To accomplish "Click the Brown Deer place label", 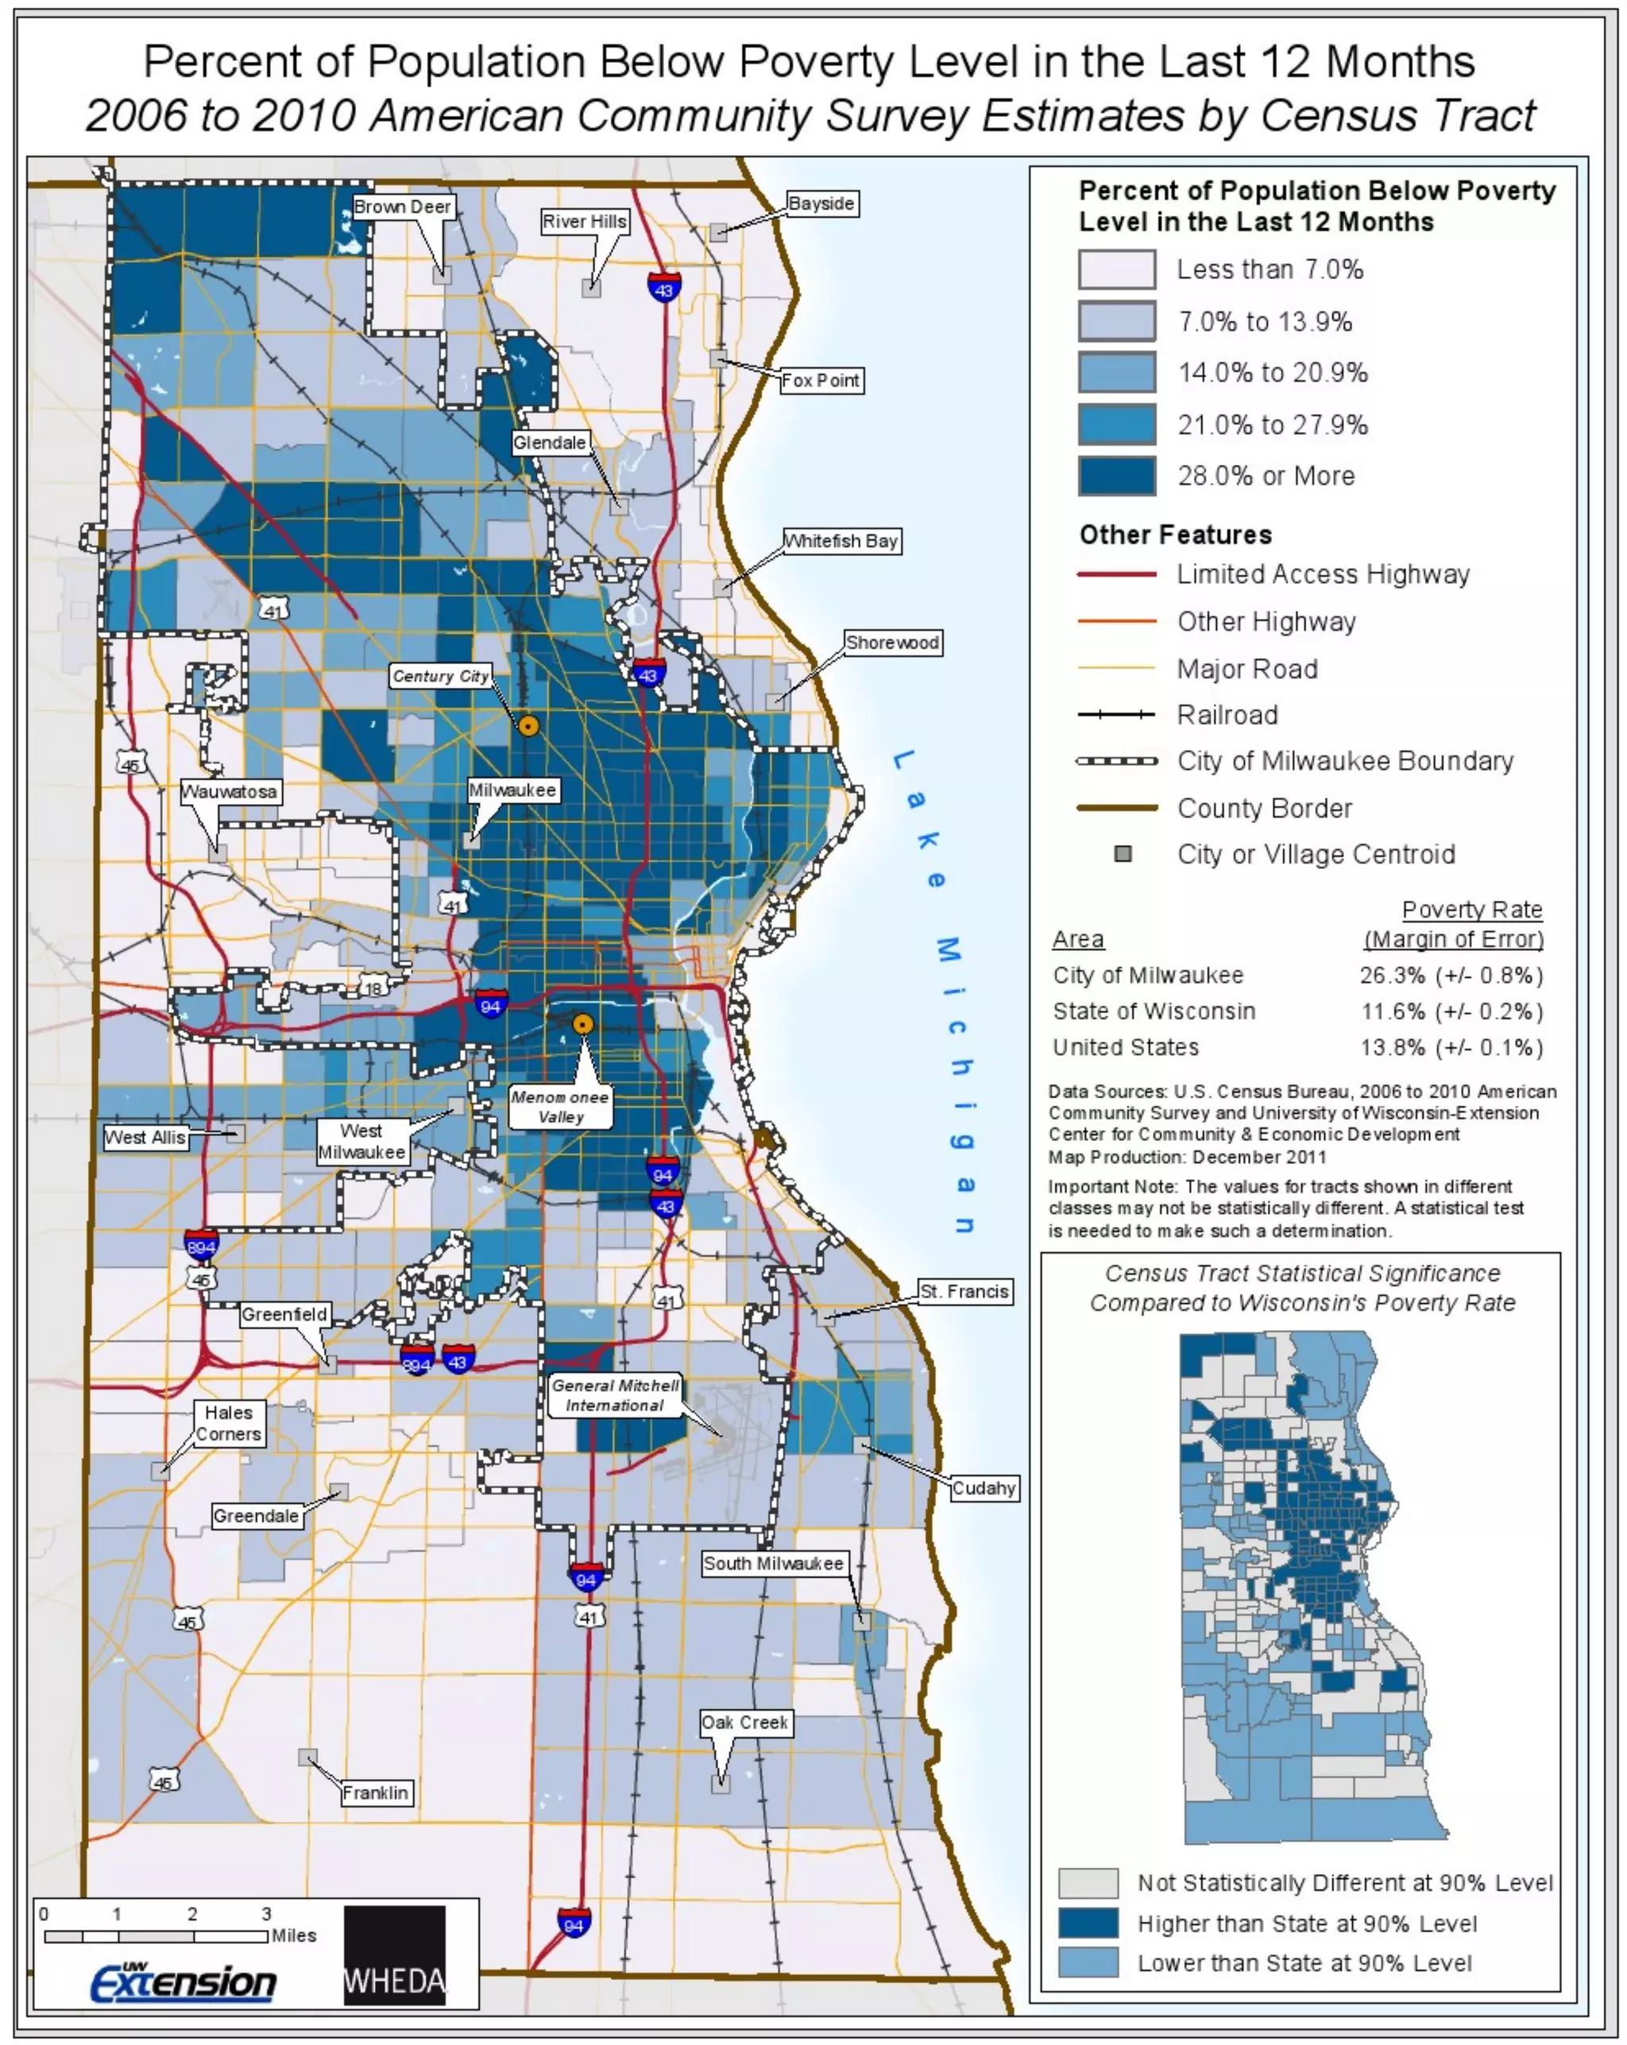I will pos(401,207).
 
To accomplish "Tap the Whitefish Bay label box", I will pos(841,541).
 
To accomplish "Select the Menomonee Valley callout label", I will pos(560,1106).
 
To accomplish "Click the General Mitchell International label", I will pos(615,1395).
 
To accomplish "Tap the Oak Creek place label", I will pos(744,1722).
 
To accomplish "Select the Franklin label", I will pos(376,1792).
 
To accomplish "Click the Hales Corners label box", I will pos(229,1423).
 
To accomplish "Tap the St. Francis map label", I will pos(963,1291).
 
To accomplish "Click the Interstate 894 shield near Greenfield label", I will pos(416,1362).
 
